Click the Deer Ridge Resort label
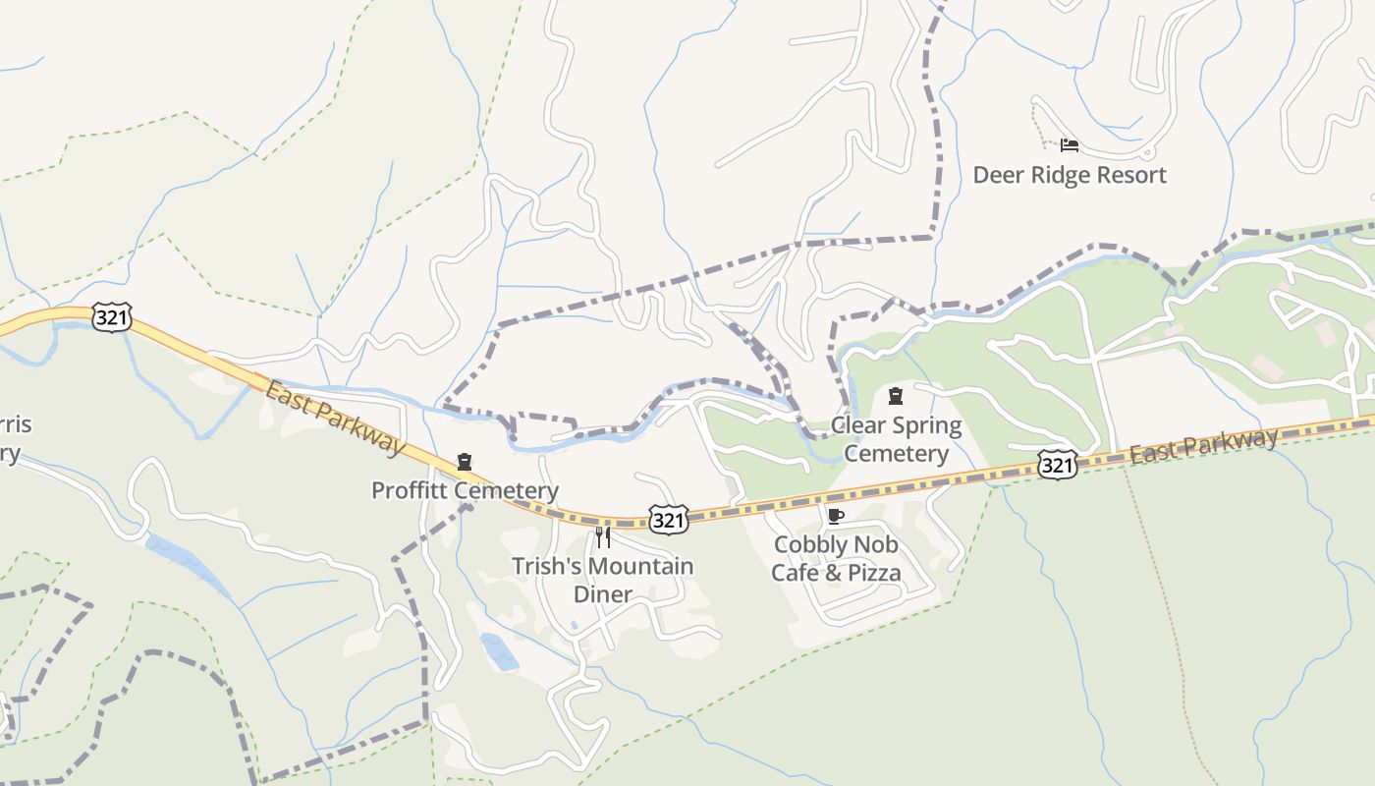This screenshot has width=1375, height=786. point(1070,175)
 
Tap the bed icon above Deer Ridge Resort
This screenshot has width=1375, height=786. point(1070,145)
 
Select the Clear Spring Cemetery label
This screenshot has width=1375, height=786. point(896,439)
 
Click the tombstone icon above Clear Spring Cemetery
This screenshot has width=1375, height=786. point(895,396)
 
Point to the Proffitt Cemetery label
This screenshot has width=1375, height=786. point(465,490)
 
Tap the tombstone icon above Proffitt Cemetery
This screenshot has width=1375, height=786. point(465,461)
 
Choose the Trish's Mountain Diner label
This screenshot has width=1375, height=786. point(602,580)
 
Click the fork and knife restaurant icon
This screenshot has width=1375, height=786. point(603,536)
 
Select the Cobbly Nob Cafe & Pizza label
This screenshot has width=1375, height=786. point(836,558)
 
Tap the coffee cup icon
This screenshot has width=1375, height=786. point(835,516)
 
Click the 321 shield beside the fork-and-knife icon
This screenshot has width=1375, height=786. point(668,520)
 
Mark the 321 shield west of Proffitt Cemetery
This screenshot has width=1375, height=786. point(111,317)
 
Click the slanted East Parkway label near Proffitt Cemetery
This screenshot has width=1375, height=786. point(334,418)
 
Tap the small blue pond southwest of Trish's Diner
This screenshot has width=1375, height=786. point(500,652)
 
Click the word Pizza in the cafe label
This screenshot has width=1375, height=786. point(868,572)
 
